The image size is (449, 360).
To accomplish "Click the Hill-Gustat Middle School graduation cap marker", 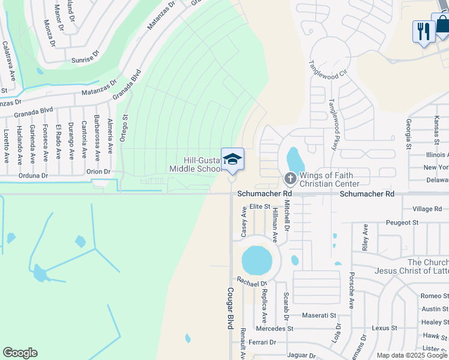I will tap(232, 159).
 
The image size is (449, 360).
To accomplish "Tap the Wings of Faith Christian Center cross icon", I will tap(290, 178).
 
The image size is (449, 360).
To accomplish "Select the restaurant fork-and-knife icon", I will tap(423, 31).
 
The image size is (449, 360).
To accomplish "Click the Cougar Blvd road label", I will tap(229, 308).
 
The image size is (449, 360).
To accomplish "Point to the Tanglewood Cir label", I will tap(328, 70).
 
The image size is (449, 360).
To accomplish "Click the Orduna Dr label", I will tap(32, 176).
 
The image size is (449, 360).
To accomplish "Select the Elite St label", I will tap(261, 206).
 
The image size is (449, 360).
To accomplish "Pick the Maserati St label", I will tap(319, 315).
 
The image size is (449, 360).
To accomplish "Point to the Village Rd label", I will tap(427, 209).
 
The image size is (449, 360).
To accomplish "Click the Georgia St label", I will tap(408, 133).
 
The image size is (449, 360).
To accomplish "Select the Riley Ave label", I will tap(364, 238).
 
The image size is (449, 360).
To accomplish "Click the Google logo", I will tap(20, 353).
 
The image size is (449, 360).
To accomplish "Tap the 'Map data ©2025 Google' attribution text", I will tap(412, 355).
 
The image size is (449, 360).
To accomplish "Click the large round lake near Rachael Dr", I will tap(257, 260).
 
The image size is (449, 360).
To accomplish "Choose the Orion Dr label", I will tap(98, 172).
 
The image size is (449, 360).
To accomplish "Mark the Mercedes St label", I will tap(274, 329).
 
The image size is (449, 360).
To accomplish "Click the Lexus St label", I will tap(384, 328).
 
